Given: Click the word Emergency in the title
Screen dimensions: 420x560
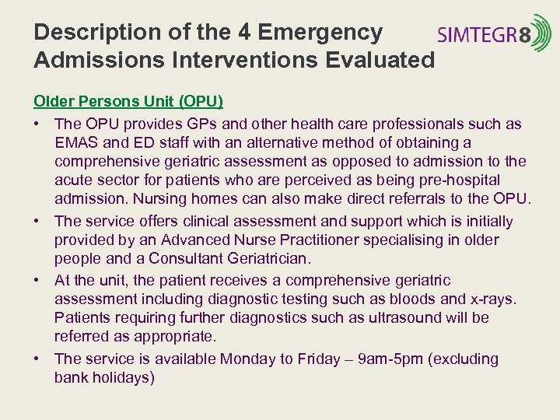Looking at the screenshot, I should point(320,33).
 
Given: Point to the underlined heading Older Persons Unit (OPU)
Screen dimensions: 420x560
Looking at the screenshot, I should point(128,102).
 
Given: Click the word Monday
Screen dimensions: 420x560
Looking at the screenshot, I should point(249,359).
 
